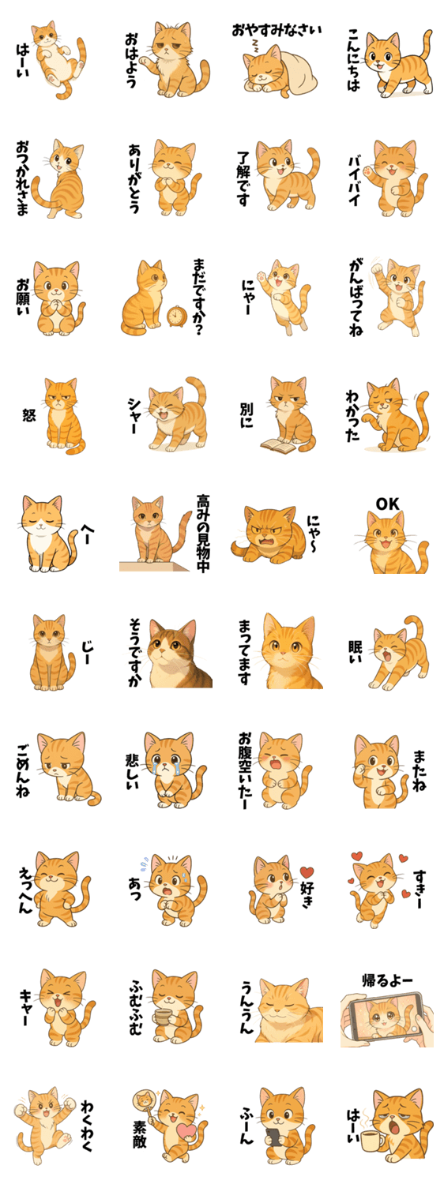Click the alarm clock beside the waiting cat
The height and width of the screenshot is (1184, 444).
[177, 316]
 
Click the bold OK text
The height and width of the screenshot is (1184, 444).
[387, 504]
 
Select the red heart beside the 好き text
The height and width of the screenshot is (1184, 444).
[307, 871]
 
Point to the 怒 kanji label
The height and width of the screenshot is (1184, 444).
[28, 415]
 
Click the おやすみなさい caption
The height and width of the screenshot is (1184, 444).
[277, 30]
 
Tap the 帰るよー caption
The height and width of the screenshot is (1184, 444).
[387, 981]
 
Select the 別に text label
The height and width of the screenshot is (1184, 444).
[246, 415]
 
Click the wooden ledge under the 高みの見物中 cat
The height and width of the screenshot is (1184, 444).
[153, 566]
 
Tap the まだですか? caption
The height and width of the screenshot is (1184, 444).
[199, 297]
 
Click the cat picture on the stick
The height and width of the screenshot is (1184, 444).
[143, 1100]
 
